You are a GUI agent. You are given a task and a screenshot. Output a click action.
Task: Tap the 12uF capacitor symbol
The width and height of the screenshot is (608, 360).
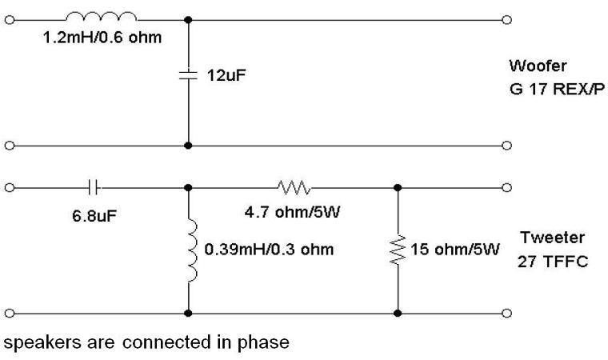tap(188, 76)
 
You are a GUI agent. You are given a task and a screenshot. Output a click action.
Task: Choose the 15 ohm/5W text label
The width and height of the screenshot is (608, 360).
tap(454, 250)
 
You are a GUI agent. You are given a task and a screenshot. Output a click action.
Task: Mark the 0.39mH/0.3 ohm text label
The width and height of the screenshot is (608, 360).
tap(269, 250)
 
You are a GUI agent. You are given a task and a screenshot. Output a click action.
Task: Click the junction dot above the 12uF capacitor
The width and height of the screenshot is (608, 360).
tap(188, 19)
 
